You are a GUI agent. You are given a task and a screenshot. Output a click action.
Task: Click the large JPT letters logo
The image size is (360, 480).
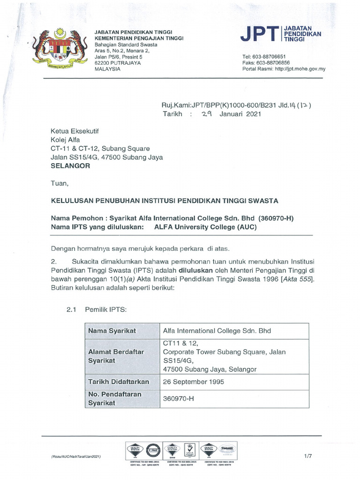coord(259,34)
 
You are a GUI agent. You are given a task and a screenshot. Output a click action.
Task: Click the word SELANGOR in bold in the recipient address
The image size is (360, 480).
coord(70,166)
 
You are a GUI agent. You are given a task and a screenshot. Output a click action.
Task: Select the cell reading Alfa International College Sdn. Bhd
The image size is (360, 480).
coord(217,331)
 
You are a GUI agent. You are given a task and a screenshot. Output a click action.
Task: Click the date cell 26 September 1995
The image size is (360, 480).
coord(193,382)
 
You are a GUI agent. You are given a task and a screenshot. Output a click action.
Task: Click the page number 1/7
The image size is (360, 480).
coord(308,456)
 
